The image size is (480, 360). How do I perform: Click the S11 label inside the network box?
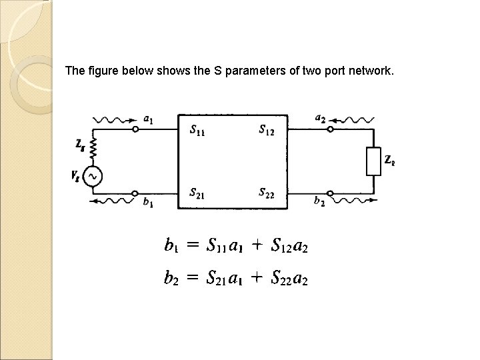[197, 130]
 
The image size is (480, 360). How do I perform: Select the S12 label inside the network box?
[265, 130]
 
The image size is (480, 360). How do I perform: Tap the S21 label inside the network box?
[197, 193]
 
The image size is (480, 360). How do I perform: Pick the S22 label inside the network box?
[265, 193]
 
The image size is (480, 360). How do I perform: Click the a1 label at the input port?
[148, 119]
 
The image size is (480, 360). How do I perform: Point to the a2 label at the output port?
[321, 119]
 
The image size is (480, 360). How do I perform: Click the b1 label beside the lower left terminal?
[148, 203]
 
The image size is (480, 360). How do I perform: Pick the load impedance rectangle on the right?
[373, 160]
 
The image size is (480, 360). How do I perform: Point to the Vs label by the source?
[75, 176]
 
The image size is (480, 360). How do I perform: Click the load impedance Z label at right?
[389, 160]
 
